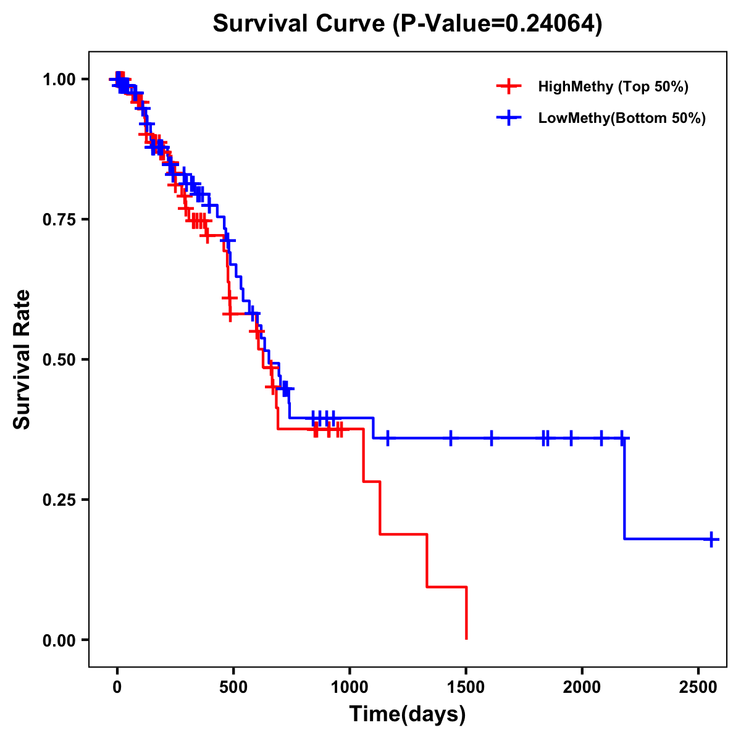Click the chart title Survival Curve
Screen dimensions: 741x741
(x=407, y=23)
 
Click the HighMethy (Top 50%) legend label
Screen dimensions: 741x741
(x=613, y=86)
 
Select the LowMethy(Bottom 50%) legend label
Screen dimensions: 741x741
(x=621, y=118)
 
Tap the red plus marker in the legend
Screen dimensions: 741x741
(x=509, y=86)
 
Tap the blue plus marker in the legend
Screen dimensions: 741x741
(x=509, y=118)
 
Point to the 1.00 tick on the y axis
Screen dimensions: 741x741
(x=59, y=80)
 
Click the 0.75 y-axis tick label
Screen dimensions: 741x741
(x=59, y=220)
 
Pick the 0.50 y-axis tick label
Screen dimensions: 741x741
(x=59, y=360)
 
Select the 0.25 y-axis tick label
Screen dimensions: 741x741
(x=59, y=500)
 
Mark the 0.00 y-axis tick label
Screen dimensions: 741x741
(x=59, y=640)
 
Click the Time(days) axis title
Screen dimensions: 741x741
(x=408, y=714)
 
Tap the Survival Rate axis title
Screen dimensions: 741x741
(x=22, y=359)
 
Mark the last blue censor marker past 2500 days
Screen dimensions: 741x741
(x=711, y=539)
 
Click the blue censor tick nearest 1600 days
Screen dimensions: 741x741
(x=492, y=438)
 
